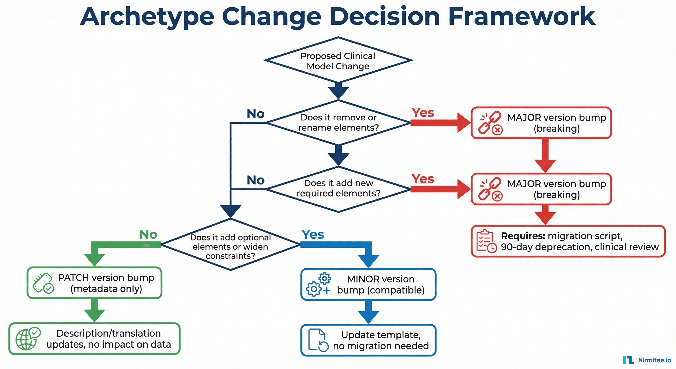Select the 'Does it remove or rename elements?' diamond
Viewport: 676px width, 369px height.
pos(338,122)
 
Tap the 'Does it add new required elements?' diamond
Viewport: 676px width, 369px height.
pos(338,188)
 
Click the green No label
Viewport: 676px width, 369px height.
pos(148,234)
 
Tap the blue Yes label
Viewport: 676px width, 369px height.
pos(313,234)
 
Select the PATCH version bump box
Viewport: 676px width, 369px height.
pos(95,283)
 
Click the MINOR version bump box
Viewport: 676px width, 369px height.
pos(368,284)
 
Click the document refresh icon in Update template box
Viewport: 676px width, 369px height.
pos(318,340)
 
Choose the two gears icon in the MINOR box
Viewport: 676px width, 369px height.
pos(318,285)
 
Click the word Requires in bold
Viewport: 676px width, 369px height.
pos(523,236)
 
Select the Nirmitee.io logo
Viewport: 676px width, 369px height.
pos(647,360)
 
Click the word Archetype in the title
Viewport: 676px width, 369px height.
pos(147,17)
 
